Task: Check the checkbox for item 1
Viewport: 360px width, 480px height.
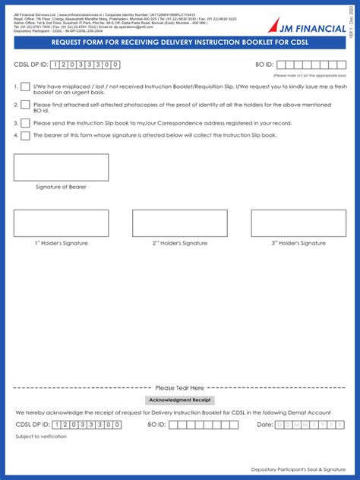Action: [26, 87]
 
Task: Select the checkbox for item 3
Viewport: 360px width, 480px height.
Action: [26, 122]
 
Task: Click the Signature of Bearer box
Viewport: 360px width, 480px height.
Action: [61, 166]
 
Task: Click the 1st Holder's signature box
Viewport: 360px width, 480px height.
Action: [61, 223]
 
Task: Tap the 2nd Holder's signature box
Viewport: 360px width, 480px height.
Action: [179, 223]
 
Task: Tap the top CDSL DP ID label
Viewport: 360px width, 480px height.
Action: [30, 65]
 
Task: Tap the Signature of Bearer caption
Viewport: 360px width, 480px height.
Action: [61, 187]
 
